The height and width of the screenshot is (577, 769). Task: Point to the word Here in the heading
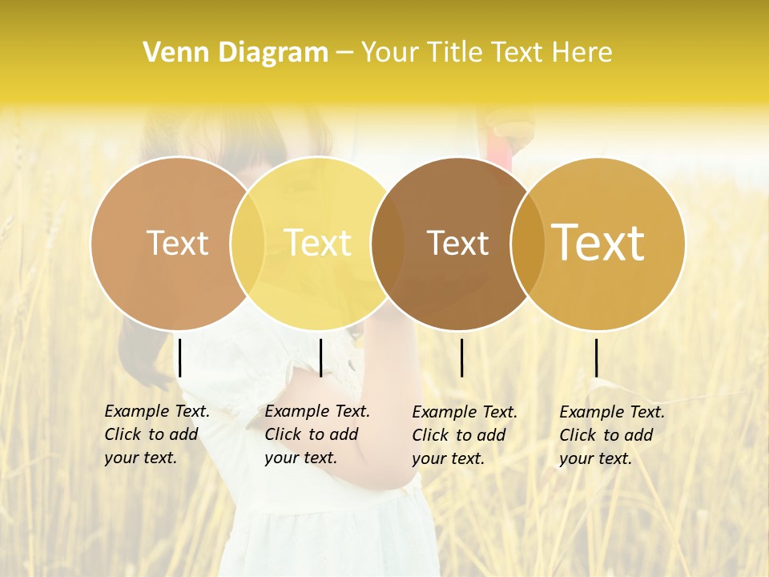tap(582, 52)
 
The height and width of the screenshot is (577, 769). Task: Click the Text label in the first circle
tap(178, 243)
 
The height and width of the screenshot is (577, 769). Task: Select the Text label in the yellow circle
tap(318, 243)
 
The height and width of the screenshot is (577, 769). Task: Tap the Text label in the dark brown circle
tap(457, 243)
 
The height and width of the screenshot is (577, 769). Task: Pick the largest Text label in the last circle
tap(598, 242)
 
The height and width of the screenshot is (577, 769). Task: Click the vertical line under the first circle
tap(180, 357)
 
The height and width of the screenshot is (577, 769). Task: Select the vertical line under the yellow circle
tap(320, 357)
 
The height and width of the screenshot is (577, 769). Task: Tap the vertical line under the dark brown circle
tap(462, 357)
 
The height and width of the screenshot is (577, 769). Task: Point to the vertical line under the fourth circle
tap(596, 357)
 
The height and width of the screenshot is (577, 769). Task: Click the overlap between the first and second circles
tap(248, 243)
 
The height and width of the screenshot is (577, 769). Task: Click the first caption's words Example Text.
tap(157, 411)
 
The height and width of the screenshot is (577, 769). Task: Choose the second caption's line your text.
tap(300, 458)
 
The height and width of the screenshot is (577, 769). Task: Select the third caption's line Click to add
tap(459, 435)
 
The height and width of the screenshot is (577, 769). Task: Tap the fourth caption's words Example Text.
tap(612, 412)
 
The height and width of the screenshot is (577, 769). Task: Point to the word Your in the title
tap(391, 52)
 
